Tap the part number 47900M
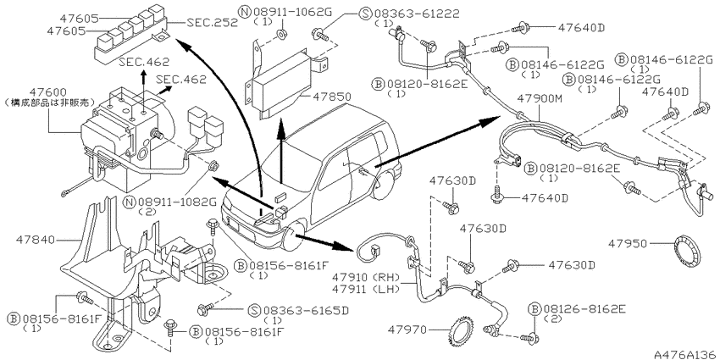point(539,98)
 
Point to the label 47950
point(628,244)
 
